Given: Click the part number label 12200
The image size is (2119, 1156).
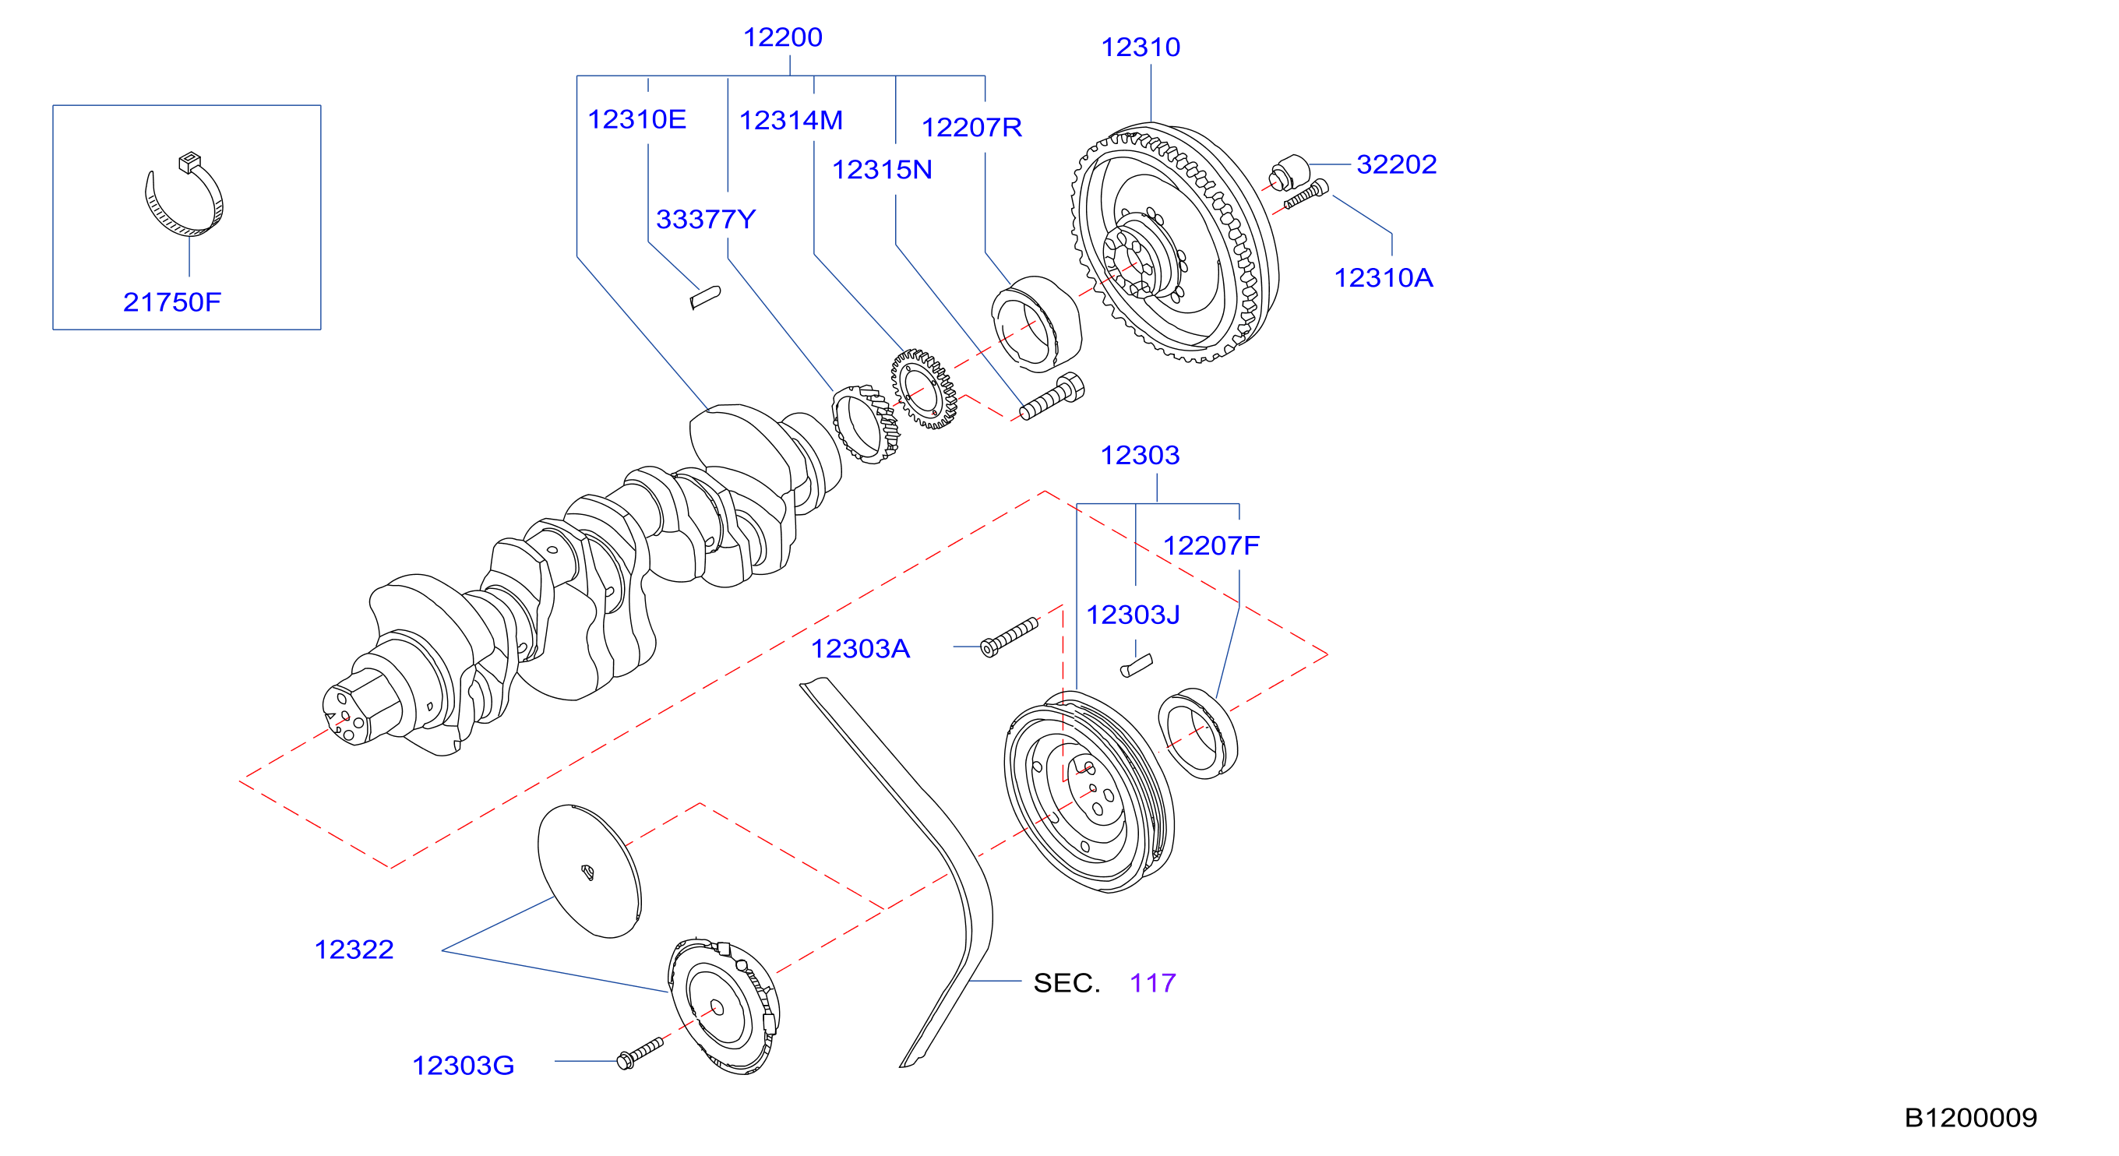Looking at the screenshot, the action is coord(782,37).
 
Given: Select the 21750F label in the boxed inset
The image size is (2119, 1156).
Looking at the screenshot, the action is coord(172,302).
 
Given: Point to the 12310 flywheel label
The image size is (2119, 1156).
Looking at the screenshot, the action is coord(1140,47).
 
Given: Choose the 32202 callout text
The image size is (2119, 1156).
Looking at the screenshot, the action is coord(1396,164).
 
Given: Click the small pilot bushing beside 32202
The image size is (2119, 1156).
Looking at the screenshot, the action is coord(1289,171).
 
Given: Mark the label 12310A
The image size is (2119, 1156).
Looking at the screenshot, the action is coord(1383,278).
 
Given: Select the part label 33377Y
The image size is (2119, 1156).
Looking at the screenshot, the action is coord(705,220).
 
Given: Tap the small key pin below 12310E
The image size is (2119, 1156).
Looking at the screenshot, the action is coord(705,297).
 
